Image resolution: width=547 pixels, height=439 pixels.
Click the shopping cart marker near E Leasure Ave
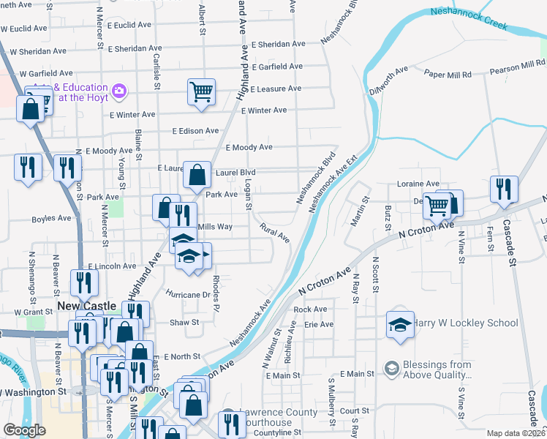pos(201,92)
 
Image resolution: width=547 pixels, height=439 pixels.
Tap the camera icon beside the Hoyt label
pos(119,91)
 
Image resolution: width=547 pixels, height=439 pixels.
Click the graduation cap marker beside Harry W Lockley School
pos(400,324)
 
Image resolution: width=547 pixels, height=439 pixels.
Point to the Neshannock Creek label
pos(469,19)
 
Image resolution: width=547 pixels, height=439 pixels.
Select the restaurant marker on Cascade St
pos(503,189)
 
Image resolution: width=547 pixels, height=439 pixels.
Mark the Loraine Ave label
pos(418,183)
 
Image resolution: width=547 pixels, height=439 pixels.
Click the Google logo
pos(24,430)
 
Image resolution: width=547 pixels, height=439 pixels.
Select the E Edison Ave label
pos(195,131)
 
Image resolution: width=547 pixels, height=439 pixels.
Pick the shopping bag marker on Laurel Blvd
pos(197,175)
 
